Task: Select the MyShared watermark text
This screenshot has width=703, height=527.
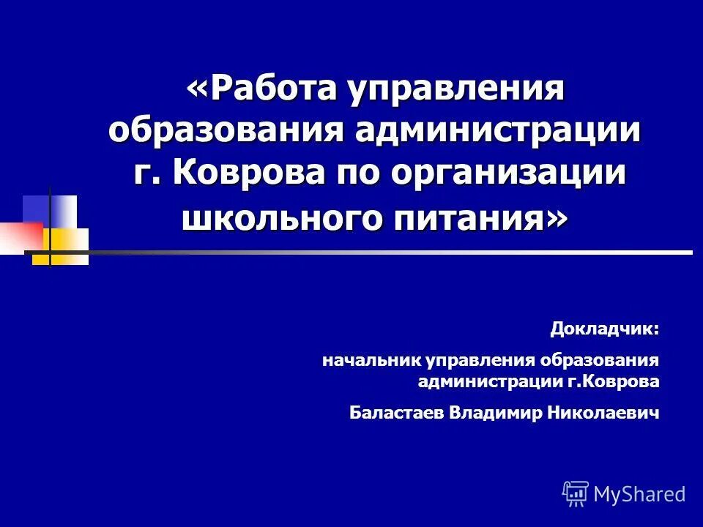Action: point(639,494)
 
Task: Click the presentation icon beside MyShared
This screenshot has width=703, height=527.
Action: point(576,494)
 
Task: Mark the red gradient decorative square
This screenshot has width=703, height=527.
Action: point(21,236)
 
